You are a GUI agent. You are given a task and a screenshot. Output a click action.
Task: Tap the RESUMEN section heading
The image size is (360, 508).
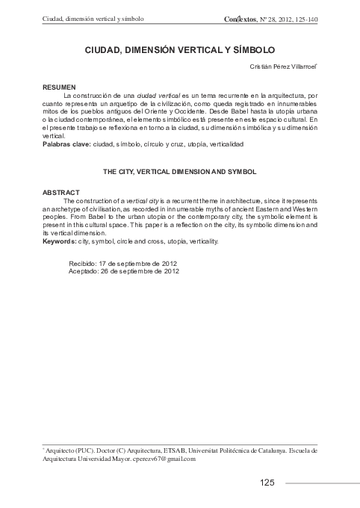point(58,88)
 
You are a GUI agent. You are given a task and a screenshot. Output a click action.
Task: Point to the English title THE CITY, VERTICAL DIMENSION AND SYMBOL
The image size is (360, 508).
point(179,171)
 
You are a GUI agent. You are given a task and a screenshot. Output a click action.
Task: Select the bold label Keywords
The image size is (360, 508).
point(59,241)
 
